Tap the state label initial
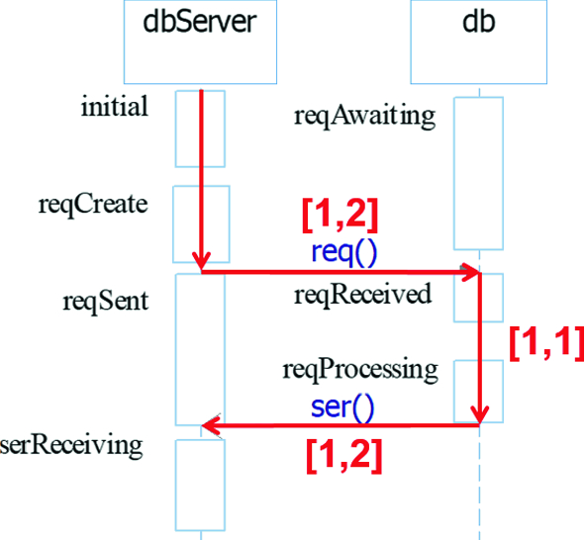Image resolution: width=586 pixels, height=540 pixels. [115, 107]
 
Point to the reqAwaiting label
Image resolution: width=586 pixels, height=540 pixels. [364, 116]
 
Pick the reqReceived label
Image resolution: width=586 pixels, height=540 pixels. [362, 294]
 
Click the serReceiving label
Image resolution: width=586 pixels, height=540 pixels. [71, 444]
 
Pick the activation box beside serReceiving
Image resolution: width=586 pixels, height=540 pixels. [201, 485]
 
